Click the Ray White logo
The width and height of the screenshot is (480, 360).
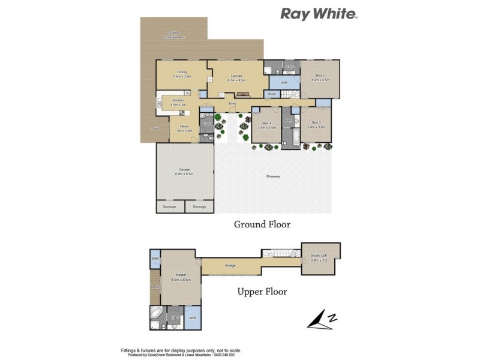point(319,13)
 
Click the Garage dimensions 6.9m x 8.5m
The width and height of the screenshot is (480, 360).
point(184,174)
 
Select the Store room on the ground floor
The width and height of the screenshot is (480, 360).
point(271,94)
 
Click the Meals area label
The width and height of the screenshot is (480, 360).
point(183,128)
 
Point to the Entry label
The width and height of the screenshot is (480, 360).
point(233,104)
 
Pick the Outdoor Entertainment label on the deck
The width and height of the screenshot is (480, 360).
point(174,35)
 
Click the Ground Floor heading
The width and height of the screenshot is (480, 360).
point(262,224)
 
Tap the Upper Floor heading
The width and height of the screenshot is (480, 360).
point(262,292)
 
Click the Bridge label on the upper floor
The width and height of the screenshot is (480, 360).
point(230,266)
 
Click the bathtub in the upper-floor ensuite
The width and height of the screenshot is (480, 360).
point(156,313)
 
